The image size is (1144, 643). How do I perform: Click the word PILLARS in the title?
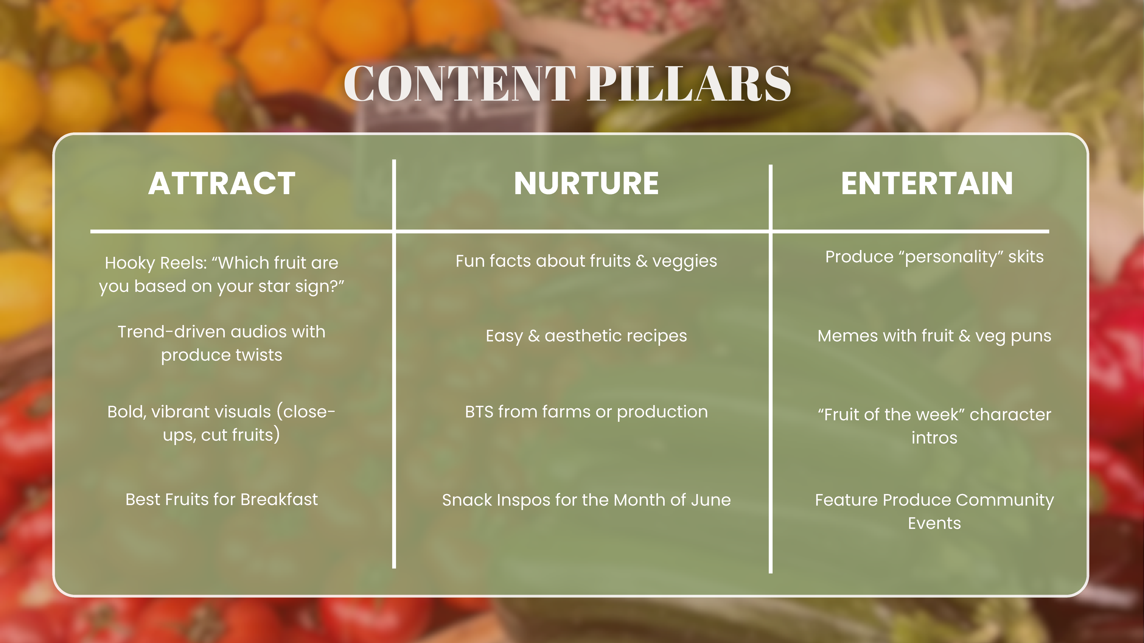(689, 83)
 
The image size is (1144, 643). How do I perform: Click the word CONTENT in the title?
(460, 83)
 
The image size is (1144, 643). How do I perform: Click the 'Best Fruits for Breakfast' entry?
(222, 500)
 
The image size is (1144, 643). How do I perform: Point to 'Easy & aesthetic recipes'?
(586, 336)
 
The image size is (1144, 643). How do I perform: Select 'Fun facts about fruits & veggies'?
(586, 261)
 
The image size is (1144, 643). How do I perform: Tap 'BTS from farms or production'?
(586, 412)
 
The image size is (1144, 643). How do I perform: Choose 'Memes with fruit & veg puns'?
(934, 336)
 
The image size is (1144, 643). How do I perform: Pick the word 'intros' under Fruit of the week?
(934, 438)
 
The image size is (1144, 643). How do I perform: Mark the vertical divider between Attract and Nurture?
(394, 364)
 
